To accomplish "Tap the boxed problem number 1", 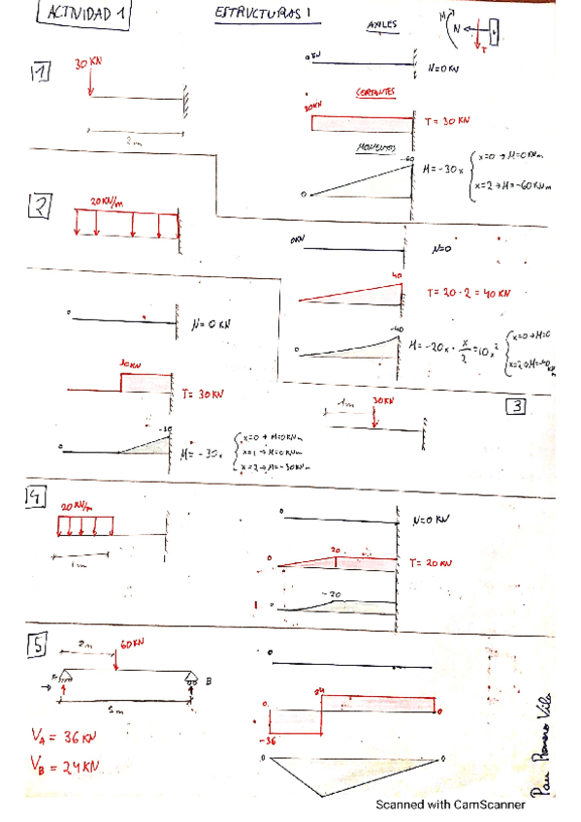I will click(x=40, y=74).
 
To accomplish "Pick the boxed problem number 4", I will click(x=34, y=498).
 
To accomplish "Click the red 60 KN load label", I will click(x=132, y=645).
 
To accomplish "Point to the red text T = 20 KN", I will click(x=433, y=562).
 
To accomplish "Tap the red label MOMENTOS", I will click(x=374, y=147).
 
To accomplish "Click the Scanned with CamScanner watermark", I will click(x=450, y=804).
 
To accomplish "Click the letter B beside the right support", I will click(x=208, y=681).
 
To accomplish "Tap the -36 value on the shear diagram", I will click(x=269, y=740).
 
